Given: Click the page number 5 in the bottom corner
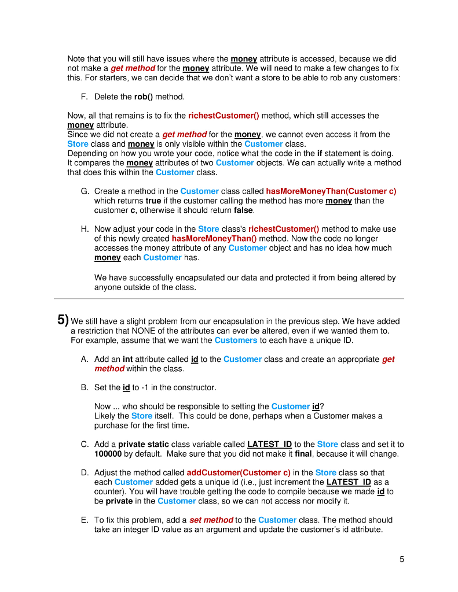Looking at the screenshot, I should (x=402, y=559).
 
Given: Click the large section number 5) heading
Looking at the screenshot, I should (x=63, y=320).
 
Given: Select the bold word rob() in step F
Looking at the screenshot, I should (x=144, y=97).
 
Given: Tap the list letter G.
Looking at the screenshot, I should (x=85, y=191).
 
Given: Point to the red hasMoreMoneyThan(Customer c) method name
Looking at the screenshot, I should (x=331, y=191).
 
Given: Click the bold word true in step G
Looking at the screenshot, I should (x=154, y=201).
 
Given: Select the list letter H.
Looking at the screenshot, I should (x=85, y=230).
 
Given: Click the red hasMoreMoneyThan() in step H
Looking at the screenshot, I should (x=215, y=239).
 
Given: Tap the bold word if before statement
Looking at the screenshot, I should (x=320, y=153).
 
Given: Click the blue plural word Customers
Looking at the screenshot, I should (x=236, y=340).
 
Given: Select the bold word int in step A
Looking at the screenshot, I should (x=128, y=359).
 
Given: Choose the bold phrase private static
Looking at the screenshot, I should (x=144, y=445).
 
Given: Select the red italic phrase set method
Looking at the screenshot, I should (x=211, y=520).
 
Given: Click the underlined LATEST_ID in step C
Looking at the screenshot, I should (x=269, y=445).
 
